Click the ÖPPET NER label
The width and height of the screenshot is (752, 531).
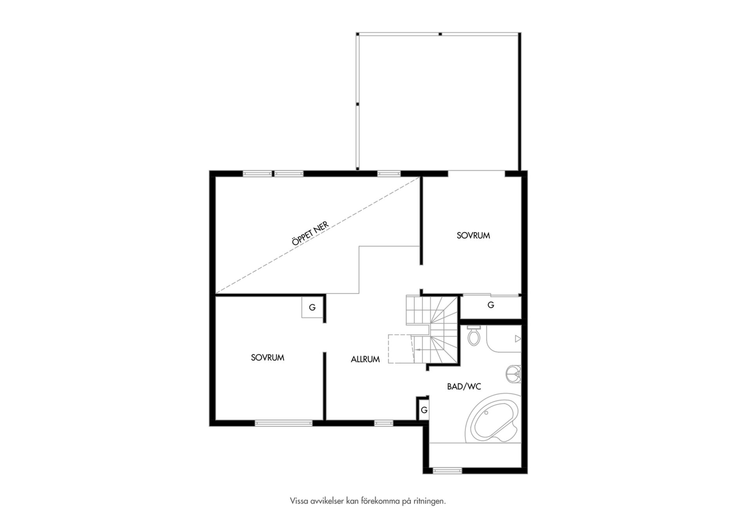pyautogui.click(x=310, y=234)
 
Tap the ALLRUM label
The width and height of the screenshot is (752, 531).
pyautogui.click(x=365, y=359)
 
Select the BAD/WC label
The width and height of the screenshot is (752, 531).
pyautogui.click(x=464, y=387)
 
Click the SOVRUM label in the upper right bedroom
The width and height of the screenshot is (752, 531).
pyautogui.click(x=473, y=235)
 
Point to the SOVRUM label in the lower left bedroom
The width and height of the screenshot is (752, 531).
pyautogui.click(x=268, y=358)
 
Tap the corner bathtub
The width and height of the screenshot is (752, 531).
pyautogui.click(x=493, y=418)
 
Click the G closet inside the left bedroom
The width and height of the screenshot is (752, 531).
pyautogui.click(x=312, y=307)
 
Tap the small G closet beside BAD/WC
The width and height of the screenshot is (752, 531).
pyautogui.click(x=424, y=410)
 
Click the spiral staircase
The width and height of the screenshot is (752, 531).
pyautogui.click(x=432, y=330)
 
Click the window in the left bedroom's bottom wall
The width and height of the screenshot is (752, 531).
pyautogui.click(x=284, y=423)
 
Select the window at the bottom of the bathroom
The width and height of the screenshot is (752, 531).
pyautogui.click(x=447, y=470)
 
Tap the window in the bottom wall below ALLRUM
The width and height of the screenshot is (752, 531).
pyautogui.click(x=383, y=423)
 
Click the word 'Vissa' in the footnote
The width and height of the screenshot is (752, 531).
pyautogui.click(x=298, y=501)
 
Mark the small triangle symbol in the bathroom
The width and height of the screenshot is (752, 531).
pyautogui.click(x=518, y=339)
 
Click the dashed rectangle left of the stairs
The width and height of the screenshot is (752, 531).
pyautogui.click(x=400, y=349)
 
